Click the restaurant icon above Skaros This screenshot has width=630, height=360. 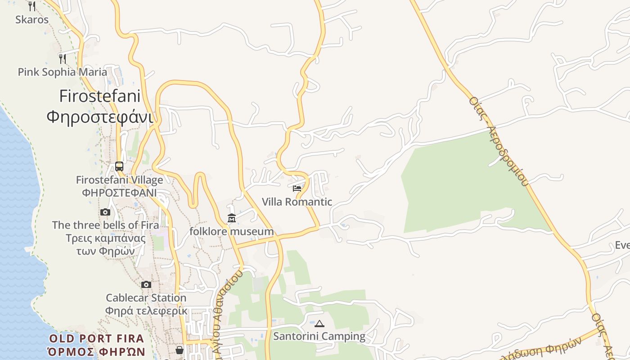click(31, 6)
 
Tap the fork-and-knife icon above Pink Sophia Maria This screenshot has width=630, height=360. click(63, 58)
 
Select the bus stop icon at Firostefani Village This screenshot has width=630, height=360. click(119, 166)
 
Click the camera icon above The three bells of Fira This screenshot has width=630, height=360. click(105, 212)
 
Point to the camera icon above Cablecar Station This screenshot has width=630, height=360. click(146, 284)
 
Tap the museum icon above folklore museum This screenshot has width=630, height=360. click(232, 218)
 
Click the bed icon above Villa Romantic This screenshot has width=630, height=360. click(297, 188)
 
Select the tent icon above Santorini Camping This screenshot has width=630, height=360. click(319, 323)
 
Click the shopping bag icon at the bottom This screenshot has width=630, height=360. click(180, 350)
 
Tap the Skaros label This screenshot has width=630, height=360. click(32, 19)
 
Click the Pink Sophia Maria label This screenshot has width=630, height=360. click(63, 72)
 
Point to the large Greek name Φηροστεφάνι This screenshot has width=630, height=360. click(99, 117)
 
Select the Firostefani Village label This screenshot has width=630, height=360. click(119, 180)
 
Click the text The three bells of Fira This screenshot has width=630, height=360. click(105, 225)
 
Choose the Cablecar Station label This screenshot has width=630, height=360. click(146, 298)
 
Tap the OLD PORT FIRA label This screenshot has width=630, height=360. click(96, 338)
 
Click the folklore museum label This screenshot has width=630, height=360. click(232, 231)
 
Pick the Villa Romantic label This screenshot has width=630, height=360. click(297, 202)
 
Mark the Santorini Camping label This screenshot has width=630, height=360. click(319, 336)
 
